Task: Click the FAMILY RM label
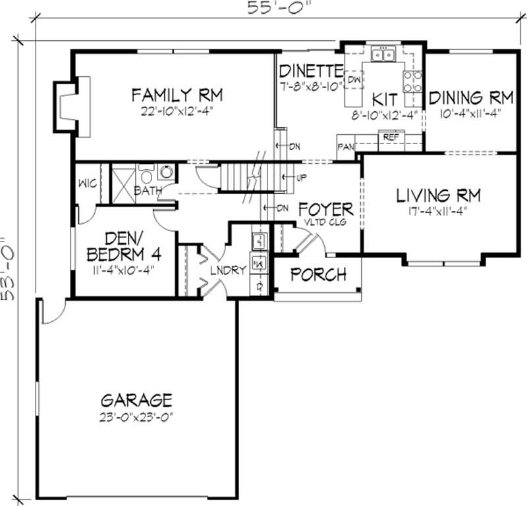point(177,95)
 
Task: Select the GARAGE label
point(136,399)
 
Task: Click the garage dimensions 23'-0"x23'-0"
point(136,416)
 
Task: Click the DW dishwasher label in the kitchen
point(354,80)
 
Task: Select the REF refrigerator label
point(391,137)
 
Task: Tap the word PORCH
point(318,274)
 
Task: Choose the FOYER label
point(325,210)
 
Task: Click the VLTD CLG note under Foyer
point(325,223)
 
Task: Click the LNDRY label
point(228,270)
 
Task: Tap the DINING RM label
point(470,98)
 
